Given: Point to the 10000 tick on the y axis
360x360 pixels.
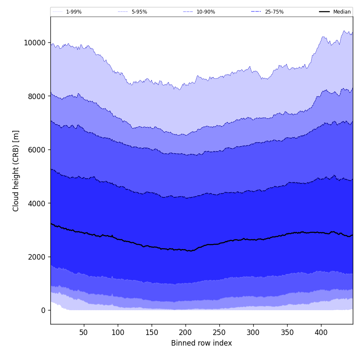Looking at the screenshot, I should [x=35, y=43].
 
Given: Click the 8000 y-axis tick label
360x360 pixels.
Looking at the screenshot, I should [x=36, y=96].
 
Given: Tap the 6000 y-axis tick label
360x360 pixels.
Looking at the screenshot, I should [x=36, y=150].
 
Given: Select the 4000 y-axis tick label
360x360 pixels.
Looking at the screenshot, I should [x=36, y=203].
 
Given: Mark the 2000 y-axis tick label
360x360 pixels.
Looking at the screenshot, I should [x=36, y=257].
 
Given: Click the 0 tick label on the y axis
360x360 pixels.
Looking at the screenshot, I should [x=43, y=310].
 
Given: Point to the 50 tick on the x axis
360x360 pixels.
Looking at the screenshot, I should [x=84, y=333].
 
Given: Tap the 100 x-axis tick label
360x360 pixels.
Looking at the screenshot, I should [x=118, y=333].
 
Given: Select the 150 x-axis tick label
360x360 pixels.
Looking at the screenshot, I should [x=152, y=333].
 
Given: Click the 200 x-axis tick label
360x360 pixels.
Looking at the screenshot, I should [x=186, y=333].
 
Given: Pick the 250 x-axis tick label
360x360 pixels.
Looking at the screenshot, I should [x=219, y=333].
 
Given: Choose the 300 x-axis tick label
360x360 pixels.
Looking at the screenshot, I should [x=253, y=333].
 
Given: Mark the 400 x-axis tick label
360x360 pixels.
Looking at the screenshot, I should [x=321, y=333].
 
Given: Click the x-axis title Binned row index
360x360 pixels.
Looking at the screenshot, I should [x=202, y=343].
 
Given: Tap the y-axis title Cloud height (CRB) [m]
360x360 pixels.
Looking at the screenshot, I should [x=17, y=171].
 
